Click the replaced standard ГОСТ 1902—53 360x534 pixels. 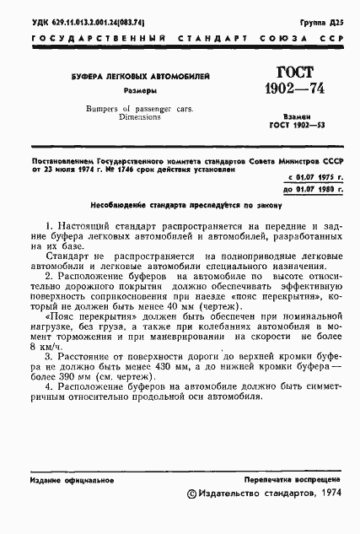292,127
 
